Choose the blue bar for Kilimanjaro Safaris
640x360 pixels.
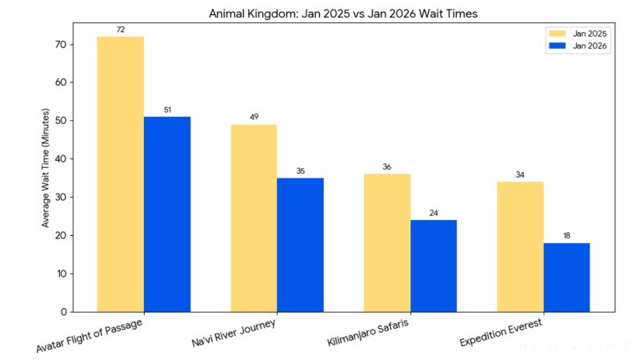coord(434,266)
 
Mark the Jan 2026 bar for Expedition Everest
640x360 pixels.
coord(566,277)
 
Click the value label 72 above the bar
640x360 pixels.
coord(120,30)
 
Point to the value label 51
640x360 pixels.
coord(167,110)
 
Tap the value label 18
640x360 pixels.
coord(566,236)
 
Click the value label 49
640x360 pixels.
coord(254,118)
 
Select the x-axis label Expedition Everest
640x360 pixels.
coord(502,331)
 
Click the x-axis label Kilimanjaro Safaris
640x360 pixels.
coord(370,332)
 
